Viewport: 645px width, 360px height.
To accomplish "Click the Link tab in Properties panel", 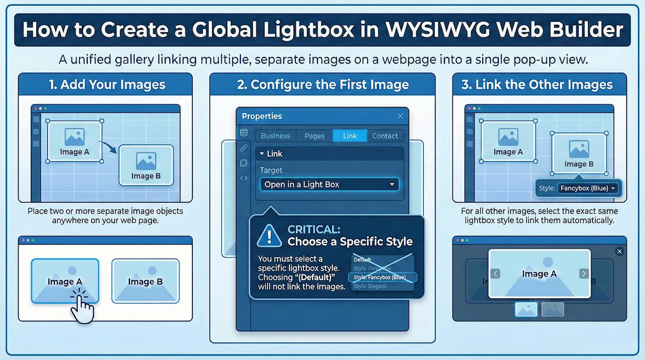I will tap(350, 136).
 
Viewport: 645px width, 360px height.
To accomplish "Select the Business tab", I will tap(275, 136).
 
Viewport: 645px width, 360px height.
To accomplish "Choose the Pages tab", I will tap(314, 136).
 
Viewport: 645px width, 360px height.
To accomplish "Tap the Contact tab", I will tap(385, 136).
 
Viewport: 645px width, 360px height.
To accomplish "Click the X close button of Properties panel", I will tap(400, 116).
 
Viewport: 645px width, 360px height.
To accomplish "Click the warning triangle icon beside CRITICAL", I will tap(269, 235).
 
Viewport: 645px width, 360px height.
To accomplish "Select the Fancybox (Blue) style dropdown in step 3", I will tap(587, 188).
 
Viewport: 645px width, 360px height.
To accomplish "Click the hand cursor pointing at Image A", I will tap(82, 307).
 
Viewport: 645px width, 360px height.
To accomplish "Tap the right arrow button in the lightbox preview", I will tap(584, 274).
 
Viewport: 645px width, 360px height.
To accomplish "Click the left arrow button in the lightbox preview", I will tap(495, 274).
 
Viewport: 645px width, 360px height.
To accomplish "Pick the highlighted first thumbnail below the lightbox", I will tap(526, 309).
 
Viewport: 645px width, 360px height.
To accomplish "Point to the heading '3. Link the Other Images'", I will tap(537, 84).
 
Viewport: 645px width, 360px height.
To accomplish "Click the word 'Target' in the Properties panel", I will tap(271, 170).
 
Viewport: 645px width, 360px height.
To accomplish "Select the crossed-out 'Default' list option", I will tap(363, 260).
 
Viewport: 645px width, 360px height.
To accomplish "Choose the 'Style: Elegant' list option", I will tap(370, 286).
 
